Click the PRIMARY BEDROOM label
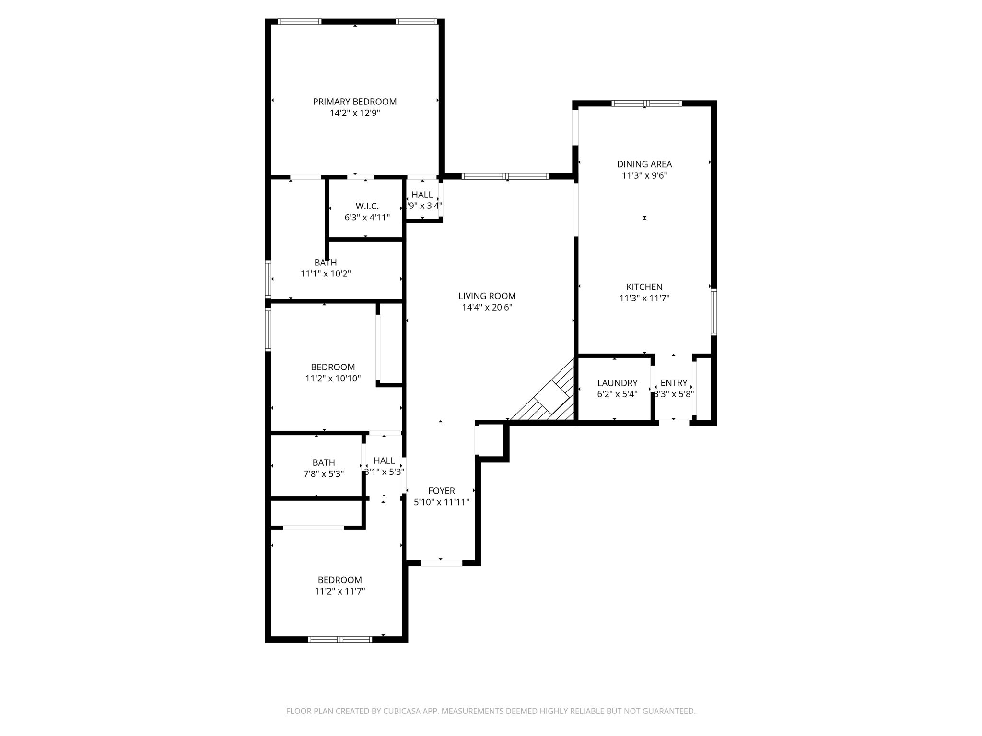(354, 102)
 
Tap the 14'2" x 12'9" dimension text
(354, 113)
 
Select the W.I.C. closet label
(367, 206)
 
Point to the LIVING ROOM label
(487, 296)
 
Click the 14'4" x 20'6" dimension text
(487, 308)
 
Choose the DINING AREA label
(644, 164)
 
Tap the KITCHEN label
(644, 287)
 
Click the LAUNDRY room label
(617, 383)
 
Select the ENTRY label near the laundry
(674, 383)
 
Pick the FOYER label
(441, 491)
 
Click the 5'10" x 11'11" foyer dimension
(441, 502)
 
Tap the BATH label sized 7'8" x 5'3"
(324, 462)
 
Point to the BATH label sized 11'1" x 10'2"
(326, 263)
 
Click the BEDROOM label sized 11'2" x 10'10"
(333, 367)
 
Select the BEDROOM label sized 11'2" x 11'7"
(339, 580)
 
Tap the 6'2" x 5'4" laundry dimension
(617, 394)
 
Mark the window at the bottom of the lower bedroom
(339, 639)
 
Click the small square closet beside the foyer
(491, 440)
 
